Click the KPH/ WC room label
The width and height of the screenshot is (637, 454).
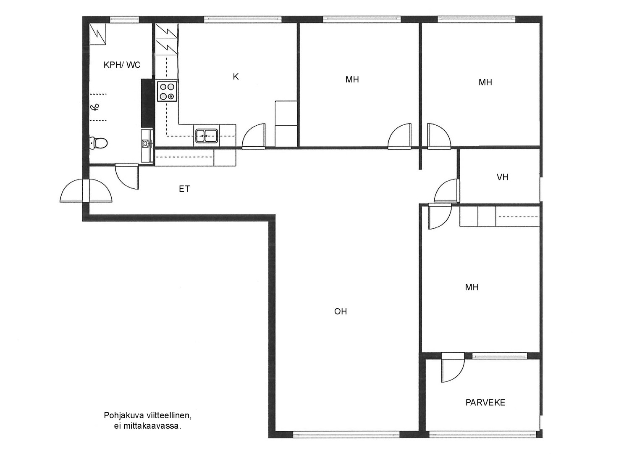(122, 65)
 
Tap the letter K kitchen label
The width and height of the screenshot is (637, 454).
(236, 77)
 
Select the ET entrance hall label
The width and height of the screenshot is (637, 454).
(184, 189)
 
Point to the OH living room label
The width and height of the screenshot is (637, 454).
(341, 311)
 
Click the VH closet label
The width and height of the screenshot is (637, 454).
(502, 177)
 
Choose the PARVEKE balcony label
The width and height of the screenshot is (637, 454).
(485, 402)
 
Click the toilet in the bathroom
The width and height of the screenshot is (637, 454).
(98, 143)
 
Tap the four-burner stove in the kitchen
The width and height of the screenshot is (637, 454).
(167, 91)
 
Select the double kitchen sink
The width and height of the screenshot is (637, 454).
(207, 136)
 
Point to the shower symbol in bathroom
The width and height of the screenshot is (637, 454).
(95, 107)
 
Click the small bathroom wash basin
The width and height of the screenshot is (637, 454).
(147, 143)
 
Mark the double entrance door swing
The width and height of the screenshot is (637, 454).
(86, 191)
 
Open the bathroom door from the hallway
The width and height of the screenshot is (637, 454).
(127, 176)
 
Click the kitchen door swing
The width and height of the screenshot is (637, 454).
(253, 137)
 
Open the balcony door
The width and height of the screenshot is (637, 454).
(453, 367)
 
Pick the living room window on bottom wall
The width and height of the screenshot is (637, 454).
(346, 434)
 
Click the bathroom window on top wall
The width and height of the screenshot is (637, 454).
(124, 19)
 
